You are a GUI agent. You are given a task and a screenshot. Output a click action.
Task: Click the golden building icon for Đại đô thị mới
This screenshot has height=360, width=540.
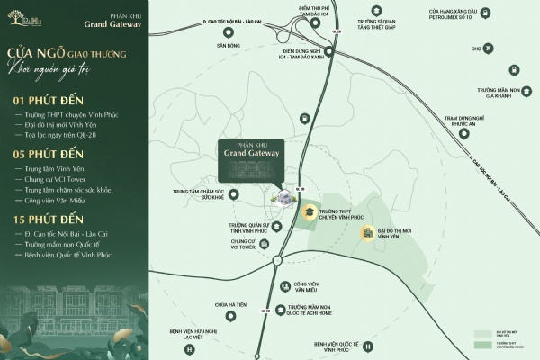367,234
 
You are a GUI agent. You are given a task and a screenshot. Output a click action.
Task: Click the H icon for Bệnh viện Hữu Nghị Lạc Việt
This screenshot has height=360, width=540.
189,349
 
